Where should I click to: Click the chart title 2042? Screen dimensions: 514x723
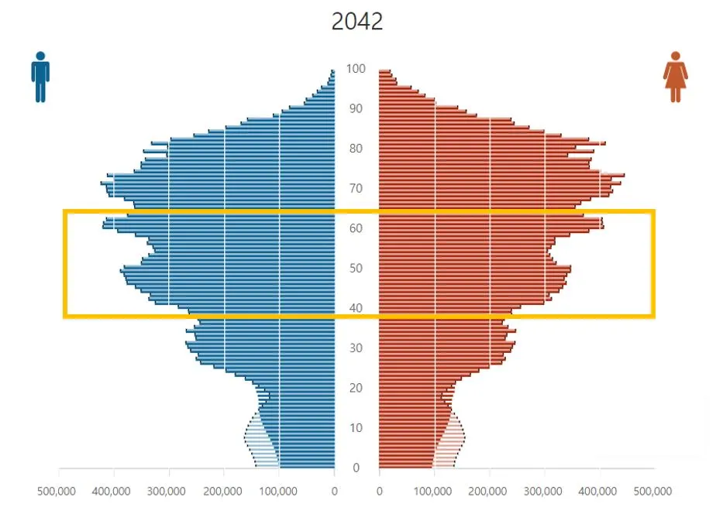[x=356, y=21]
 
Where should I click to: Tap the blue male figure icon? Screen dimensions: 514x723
[x=40, y=77]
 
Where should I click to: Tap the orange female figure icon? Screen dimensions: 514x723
[x=675, y=77]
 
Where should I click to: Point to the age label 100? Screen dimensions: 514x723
[x=356, y=69]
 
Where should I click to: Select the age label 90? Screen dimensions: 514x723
[x=356, y=108]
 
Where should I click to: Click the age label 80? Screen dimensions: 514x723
[x=356, y=149]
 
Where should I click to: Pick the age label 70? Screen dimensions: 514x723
[x=356, y=189]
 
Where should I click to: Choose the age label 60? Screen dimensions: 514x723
[x=356, y=228]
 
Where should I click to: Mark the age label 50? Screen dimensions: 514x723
[x=356, y=269]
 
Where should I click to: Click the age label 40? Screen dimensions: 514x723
[x=356, y=308]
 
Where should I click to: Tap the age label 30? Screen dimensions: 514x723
[x=356, y=348]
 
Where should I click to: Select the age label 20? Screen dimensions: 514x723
[x=356, y=388]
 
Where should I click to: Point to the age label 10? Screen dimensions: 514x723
[x=356, y=428]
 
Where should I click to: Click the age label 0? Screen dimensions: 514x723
[x=356, y=468]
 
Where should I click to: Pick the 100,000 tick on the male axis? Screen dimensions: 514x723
[x=279, y=491]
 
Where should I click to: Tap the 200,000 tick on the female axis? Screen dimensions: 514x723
[x=490, y=491]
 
